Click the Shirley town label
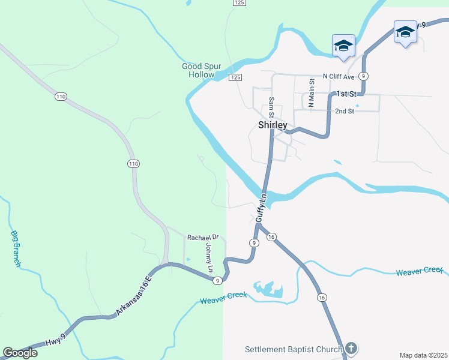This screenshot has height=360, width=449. tap(272, 125)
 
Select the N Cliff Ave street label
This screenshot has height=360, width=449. tap(339, 76)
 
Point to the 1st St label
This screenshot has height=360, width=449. tap(346, 94)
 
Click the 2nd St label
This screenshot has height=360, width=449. tap(345, 111)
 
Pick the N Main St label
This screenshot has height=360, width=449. tap(312, 94)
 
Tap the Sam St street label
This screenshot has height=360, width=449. tap(271, 107)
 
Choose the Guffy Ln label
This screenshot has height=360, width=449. tap(261, 209)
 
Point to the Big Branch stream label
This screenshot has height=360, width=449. tap(16, 249)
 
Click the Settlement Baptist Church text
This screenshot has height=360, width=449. tap(294, 349)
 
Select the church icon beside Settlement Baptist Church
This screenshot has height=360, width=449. tap(351, 348)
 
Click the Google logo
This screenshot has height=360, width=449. tap(20, 353)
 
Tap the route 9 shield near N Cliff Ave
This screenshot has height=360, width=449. tap(363, 76)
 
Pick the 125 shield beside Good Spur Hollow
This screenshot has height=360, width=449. tap(235, 77)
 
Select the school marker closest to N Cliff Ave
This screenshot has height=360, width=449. tap(343, 46)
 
